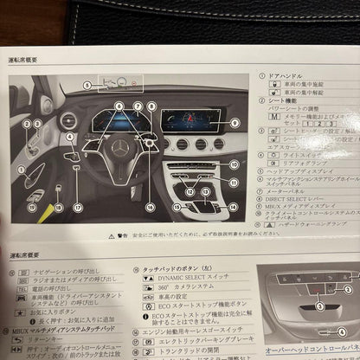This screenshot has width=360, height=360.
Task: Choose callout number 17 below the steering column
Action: pyautogui.click(x=77, y=208)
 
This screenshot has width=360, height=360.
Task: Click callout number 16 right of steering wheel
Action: pyautogui.click(x=150, y=208)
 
